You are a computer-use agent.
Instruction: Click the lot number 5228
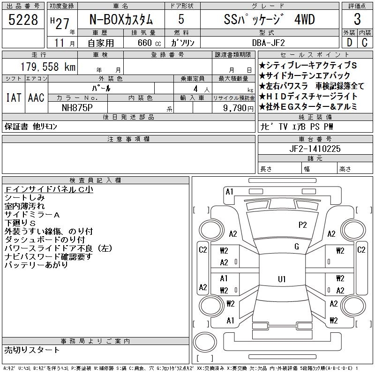tap(23, 20)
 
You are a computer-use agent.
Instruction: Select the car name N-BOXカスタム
tap(121, 20)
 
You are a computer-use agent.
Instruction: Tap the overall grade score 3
tap(357, 19)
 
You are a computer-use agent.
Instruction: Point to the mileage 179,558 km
tap(48, 67)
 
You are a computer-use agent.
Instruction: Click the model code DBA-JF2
tap(269, 43)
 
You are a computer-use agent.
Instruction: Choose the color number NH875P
tap(77, 108)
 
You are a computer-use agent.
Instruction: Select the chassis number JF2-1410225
tap(315, 149)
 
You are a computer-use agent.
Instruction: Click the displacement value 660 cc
tap(149, 43)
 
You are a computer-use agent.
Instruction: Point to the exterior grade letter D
tap(349, 43)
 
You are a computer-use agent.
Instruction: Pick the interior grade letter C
tap(365, 43)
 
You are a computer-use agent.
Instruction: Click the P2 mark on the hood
tap(302, 225)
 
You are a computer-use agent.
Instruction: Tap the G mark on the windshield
tap(297, 247)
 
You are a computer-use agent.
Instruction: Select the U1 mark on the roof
tap(282, 279)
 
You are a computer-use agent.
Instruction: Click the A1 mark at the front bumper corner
tap(229, 192)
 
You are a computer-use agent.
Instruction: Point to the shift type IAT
tap(14, 97)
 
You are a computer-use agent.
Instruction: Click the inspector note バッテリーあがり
tap(36, 265)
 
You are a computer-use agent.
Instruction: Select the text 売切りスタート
tap(32, 350)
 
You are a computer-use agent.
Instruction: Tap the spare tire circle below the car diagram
tap(205, 342)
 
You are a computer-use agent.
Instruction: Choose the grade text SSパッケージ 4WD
tap(269, 20)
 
